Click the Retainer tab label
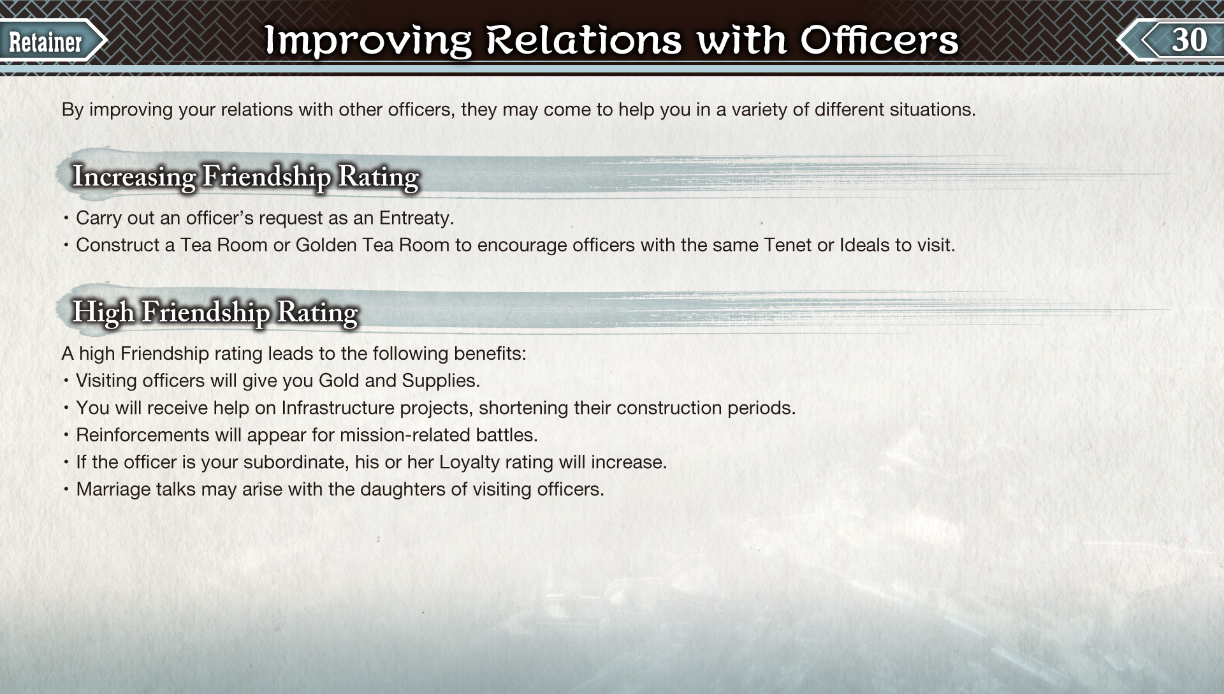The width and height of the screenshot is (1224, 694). pos(45,42)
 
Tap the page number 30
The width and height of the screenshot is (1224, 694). pos(1189,40)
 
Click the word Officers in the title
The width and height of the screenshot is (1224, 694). pos(879,40)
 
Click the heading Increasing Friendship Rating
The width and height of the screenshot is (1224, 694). pos(245,177)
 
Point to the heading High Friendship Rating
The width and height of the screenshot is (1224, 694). pos(215,313)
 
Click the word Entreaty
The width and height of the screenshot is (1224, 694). pos(416,219)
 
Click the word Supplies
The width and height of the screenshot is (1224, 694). pos(441,381)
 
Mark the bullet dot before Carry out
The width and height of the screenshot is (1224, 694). pos(66,218)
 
